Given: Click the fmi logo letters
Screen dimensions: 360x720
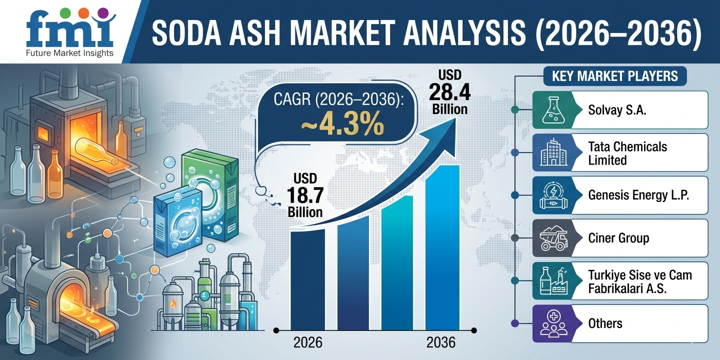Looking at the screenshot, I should [x=70, y=31].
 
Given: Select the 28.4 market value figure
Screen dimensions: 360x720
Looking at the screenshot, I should [x=449, y=92].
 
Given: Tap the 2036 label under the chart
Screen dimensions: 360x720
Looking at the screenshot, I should [x=441, y=342].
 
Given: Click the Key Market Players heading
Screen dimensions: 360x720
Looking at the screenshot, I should [x=614, y=76].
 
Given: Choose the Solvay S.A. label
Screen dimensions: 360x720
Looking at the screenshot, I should [x=617, y=110].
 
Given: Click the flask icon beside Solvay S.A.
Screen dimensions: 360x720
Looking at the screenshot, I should [x=552, y=110].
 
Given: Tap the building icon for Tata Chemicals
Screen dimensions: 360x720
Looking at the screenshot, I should [x=552, y=153].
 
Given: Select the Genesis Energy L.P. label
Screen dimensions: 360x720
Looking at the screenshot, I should [x=638, y=195].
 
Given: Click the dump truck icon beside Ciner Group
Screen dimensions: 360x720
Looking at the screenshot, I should [x=552, y=238].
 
